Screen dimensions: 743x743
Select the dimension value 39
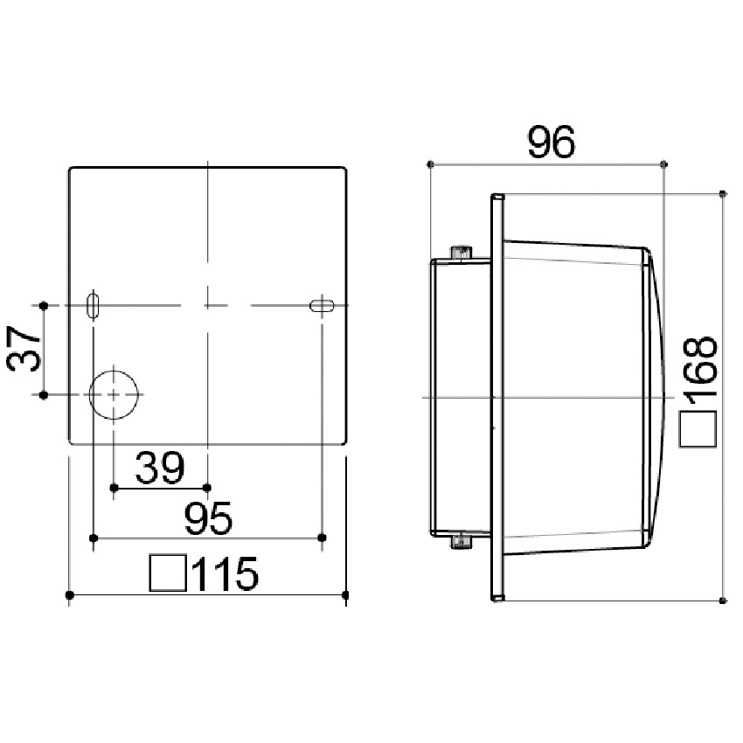(159, 469)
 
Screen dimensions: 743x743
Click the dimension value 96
(551, 142)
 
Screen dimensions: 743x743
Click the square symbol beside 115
(167, 573)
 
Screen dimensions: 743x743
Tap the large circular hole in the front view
(114, 395)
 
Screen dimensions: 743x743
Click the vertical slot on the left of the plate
(94, 305)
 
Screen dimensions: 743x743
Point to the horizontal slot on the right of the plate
(323, 305)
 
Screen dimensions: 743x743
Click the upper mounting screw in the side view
(461, 253)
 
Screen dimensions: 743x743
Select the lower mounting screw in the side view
(461, 543)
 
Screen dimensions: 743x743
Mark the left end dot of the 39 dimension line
(114, 487)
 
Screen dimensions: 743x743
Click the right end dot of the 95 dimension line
(323, 536)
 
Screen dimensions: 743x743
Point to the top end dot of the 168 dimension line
(722, 192)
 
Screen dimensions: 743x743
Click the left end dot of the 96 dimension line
(431, 163)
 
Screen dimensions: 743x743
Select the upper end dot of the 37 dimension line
(43, 305)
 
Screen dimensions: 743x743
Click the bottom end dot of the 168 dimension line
(722, 600)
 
